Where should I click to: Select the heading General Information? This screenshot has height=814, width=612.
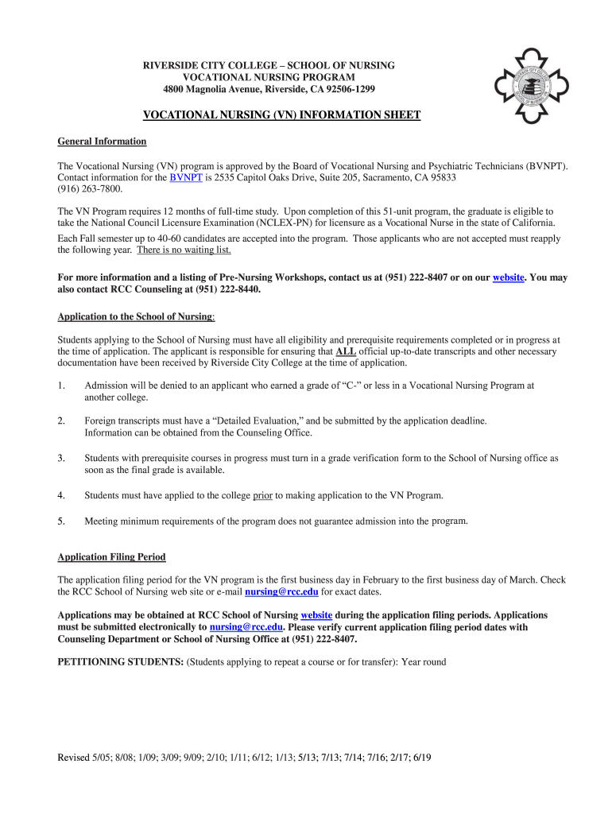click(102, 141)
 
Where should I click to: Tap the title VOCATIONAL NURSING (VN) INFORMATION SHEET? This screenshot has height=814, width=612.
click(281, 115)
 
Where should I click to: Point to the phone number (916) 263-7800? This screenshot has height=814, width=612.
click(91, 190)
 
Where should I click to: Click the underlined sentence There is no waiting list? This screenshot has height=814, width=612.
click(184, 250)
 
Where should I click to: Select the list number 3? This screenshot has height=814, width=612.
click(61, 458)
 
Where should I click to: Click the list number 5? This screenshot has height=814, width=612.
click(61, 521)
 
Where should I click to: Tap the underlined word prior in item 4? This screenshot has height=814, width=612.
click(262, 495)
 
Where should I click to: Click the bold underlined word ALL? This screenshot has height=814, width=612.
click(346, 351)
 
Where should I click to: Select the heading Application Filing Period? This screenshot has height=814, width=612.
click(111, 557)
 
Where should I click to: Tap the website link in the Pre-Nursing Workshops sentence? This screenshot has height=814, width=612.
click(509, 277)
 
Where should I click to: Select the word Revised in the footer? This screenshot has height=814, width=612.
click(74, 758)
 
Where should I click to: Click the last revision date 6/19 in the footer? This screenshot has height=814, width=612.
click(422, 758)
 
